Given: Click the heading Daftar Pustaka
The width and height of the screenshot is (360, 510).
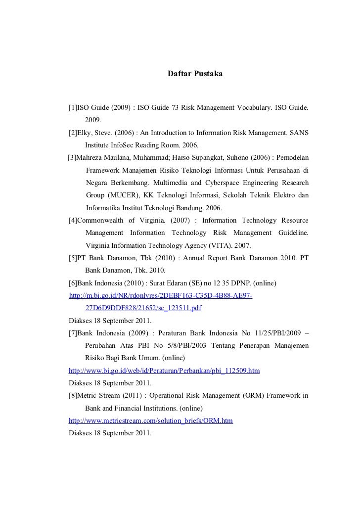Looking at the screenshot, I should [x=195, y=74].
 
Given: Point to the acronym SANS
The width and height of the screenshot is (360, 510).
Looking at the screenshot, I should [x=299, y=133].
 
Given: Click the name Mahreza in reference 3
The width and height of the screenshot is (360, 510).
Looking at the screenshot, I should [x=92, y=158].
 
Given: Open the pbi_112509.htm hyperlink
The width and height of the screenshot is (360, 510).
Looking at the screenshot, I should [x=164, y=371].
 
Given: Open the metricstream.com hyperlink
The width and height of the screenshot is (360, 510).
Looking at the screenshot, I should [x=150, y=420].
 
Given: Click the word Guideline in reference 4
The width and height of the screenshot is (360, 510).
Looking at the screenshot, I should [x=294, y=232].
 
